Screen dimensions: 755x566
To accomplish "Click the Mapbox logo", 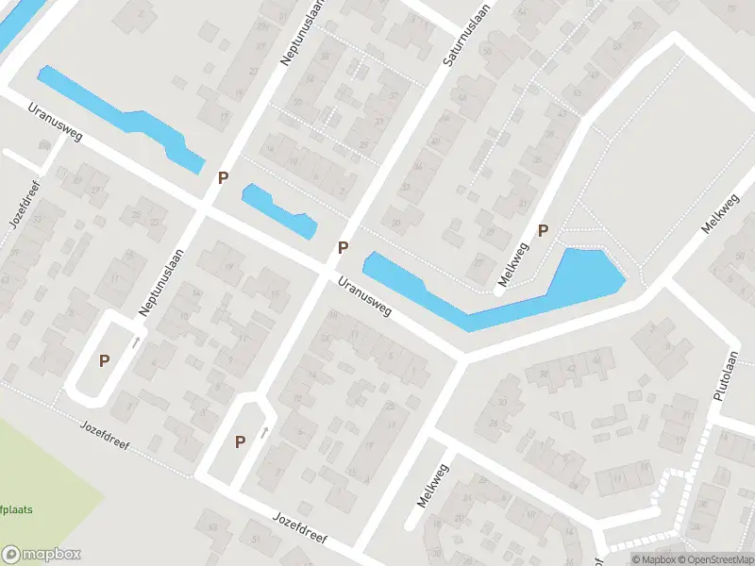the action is click(42, 554).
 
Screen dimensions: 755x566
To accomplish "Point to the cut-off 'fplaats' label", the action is click(16, 509).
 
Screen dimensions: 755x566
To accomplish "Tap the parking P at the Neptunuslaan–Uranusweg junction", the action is click(224, 177).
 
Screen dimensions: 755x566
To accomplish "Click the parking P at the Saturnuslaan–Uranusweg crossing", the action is click(344, 248).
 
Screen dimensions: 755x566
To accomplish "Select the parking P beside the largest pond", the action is click(543, 230).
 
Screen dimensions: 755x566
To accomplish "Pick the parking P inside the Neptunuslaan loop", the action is click(105, 359).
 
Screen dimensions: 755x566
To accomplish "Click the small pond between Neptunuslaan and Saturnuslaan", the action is click(277, 210).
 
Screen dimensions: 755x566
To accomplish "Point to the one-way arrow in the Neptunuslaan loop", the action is click(137, 341).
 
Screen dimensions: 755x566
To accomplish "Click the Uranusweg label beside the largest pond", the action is click(365, 298).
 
